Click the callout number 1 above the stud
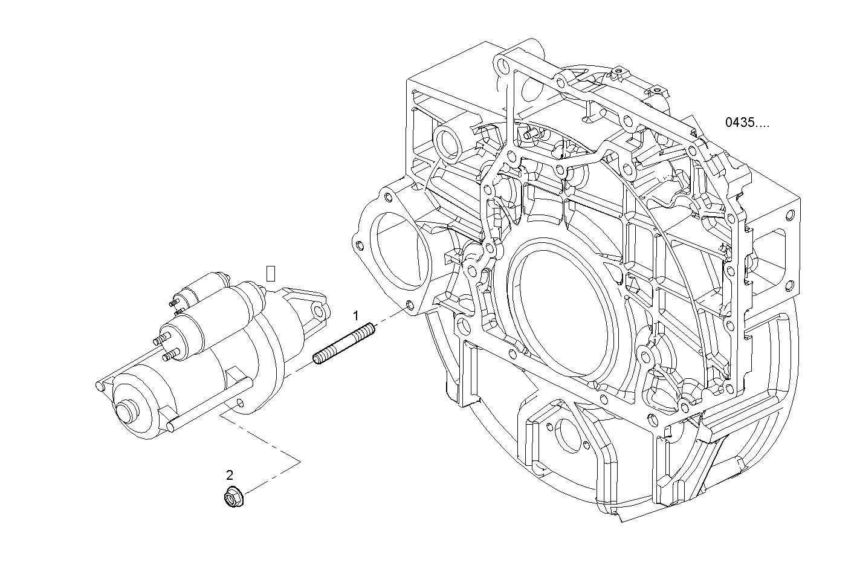(356, 315)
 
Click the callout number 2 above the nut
(230, 475)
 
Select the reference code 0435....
(748, 123)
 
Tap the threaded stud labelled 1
(344, 344)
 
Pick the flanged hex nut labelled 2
(230, 498)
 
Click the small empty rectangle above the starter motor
(271, 273)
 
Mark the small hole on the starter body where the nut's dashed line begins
(241, 403)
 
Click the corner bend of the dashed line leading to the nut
(300, 462)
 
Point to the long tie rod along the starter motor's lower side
(212, 402)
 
